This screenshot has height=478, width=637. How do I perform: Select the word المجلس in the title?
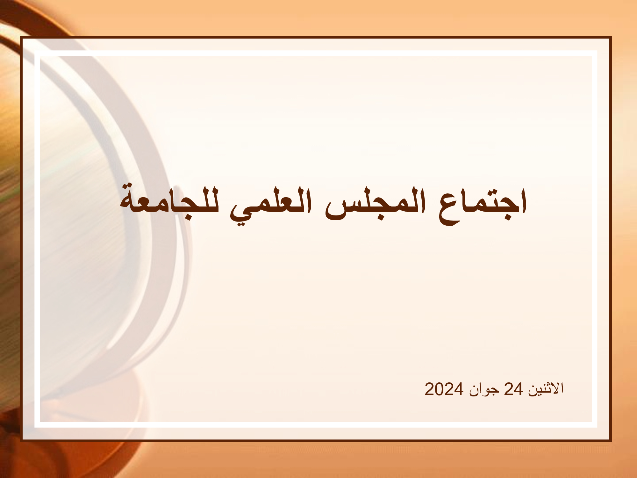point(376,204)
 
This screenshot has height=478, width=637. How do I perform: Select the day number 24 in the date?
point(513,389)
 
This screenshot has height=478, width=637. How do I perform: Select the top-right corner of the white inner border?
point(597,51)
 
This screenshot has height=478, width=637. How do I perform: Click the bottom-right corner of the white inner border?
point(597,427)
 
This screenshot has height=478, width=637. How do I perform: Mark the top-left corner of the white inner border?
point(35,51)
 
